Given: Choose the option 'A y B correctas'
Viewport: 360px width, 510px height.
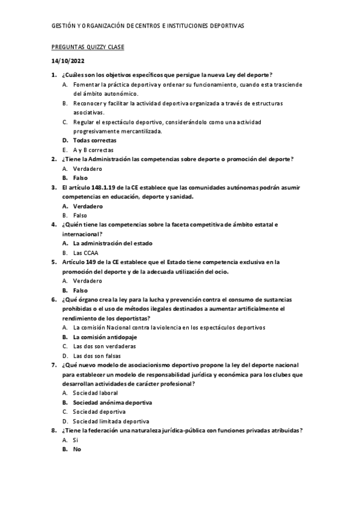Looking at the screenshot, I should tap(93, 150).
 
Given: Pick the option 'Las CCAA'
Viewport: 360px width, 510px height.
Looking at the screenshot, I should tap(86, 253).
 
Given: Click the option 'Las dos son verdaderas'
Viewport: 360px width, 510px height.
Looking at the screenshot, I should tap(104, 346).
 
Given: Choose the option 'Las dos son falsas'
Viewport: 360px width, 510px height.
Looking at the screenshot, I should tap(97, 355).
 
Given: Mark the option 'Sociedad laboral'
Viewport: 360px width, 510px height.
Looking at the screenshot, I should tap(95, 393).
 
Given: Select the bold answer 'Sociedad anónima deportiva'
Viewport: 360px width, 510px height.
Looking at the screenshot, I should tap(112, 402).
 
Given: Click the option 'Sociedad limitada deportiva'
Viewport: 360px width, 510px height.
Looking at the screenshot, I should tap(111, 421).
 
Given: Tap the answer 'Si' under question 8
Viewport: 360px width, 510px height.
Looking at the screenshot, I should tap(76, 440).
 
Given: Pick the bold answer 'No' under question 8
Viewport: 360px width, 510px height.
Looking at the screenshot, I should tap(77, 449).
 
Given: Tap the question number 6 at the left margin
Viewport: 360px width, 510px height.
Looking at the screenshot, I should tap(54, 300).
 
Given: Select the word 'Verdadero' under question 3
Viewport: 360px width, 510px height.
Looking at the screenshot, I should tap(88, 206).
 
